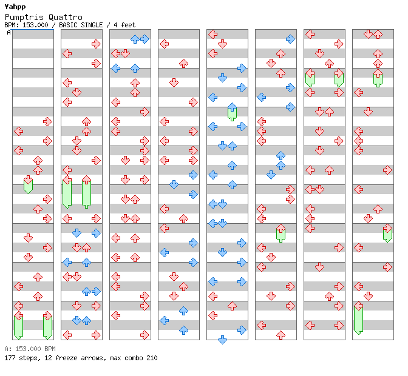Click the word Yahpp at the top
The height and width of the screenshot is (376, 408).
15,7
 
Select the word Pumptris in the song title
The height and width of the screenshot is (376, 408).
24,17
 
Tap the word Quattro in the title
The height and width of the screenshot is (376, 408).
66,17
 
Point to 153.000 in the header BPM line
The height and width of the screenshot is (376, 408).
35,25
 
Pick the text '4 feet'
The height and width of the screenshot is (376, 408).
124,25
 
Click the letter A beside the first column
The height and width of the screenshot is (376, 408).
9,33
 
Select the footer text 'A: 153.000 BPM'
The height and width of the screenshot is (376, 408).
30,349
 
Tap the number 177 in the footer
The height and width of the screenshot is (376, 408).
10,358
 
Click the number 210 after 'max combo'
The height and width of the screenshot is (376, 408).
152,358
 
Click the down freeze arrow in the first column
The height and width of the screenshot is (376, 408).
28,184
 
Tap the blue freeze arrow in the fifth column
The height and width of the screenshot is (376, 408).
232,112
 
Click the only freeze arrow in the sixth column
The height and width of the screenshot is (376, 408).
280,233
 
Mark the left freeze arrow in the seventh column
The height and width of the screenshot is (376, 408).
310,78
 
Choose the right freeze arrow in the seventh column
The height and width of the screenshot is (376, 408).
339,78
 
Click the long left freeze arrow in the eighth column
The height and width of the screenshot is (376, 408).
359,318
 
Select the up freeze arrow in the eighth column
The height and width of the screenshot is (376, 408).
378,78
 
